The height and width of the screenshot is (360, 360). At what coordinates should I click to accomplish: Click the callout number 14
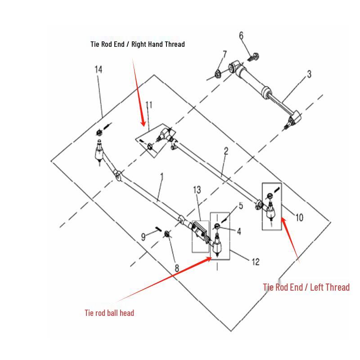click(99, 70)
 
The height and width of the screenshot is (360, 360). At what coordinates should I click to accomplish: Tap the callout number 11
click(149, 105)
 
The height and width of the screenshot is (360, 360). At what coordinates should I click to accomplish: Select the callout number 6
click(241, 36)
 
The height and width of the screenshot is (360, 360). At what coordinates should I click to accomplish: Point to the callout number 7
click(225, 54)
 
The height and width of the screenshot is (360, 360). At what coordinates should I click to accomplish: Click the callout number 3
click(309, 74)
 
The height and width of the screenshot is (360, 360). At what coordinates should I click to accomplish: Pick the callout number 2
click(226, 151)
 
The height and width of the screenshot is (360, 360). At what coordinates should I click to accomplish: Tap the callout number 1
click(162, 176)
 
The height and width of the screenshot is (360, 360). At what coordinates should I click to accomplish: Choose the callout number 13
click(197, 190)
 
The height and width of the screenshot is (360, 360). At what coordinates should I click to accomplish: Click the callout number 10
click(299, 218)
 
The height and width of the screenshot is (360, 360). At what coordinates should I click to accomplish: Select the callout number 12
click(256, 262)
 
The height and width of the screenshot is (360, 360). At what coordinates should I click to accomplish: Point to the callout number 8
click(177, 268)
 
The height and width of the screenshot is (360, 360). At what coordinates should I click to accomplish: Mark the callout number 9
click(143, 237)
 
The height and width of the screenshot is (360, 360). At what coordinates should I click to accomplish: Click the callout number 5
click(241, 206)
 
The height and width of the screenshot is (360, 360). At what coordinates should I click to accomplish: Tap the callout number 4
click(239, 231)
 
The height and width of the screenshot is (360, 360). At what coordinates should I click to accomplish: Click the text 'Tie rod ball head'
click(109, 313)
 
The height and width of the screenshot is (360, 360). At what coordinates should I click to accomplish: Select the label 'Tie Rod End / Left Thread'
click(306, 287)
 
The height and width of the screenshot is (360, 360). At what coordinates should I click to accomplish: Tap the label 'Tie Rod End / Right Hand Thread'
click(138, 44)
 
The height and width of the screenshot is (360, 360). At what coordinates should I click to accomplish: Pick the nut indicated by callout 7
click(217, 74)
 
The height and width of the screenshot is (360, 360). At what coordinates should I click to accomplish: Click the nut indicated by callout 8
click(167, 234)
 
